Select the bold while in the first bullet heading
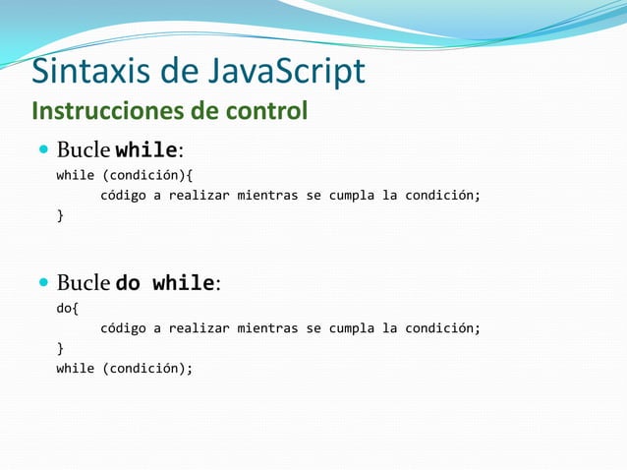coord(146,151)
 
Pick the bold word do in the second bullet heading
coord(128,283)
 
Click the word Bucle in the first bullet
coord(83,151)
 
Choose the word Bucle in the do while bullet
coord(83,283)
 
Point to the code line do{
coord(67,309)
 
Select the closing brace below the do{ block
coord(60,348)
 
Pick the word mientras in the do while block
coord(265,328)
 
